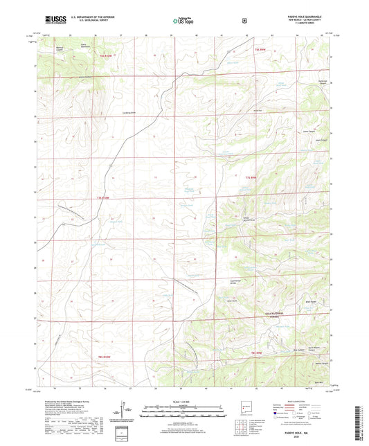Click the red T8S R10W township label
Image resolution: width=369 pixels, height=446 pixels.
97,355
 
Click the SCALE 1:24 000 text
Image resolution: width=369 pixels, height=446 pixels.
184,401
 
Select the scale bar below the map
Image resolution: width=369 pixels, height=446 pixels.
184,414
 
